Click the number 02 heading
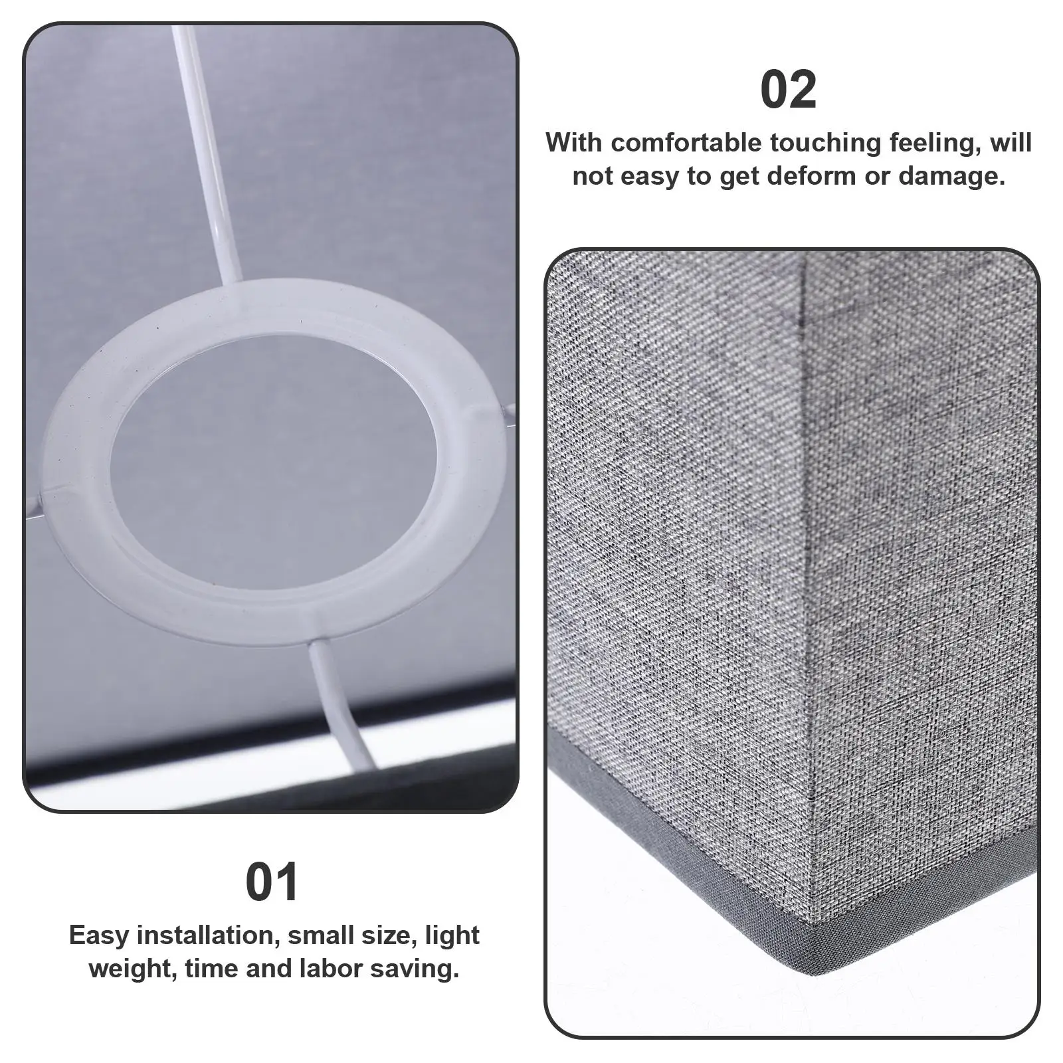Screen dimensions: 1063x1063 789,91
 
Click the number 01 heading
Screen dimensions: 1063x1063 272,882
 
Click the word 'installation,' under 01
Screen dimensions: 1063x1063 205,935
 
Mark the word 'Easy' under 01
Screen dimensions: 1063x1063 100,935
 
